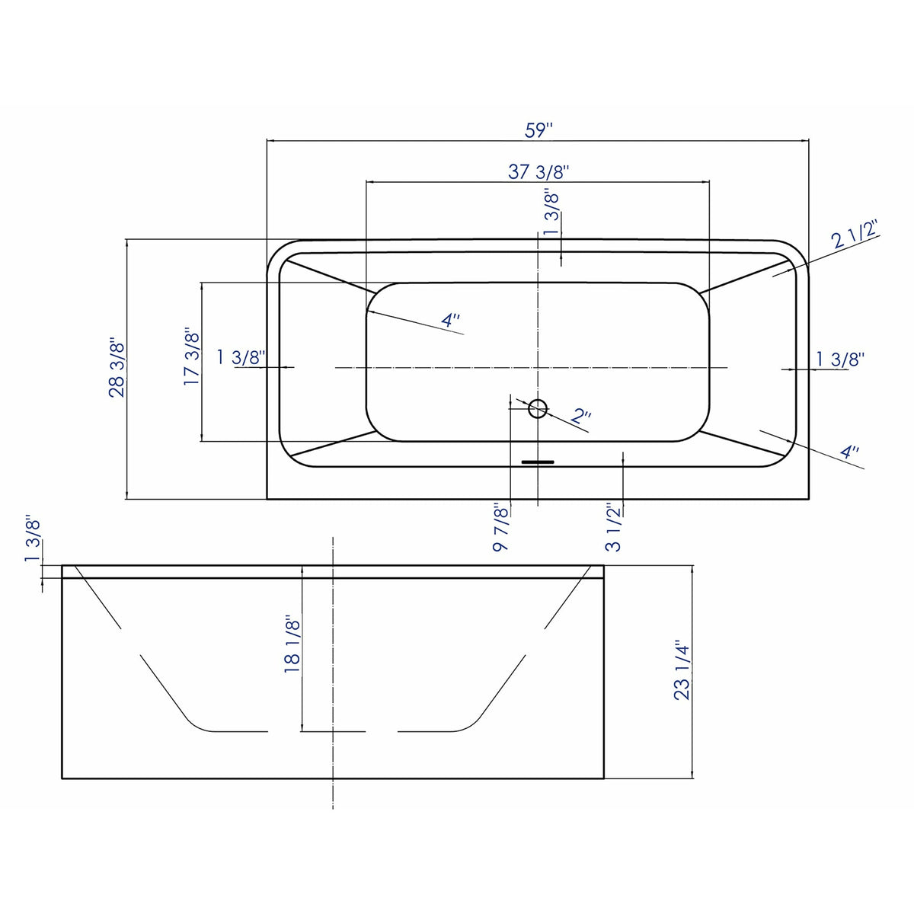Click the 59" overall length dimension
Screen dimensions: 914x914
click(x=538, y=129)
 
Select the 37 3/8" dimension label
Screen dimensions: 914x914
click(x=539, y=172)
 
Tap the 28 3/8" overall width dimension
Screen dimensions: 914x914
click(x=116, y=368)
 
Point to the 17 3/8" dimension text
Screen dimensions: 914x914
click(x=191, y=356)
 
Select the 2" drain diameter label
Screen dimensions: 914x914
click(x=581, y=416)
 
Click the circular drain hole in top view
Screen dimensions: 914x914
click(x=538, y=409)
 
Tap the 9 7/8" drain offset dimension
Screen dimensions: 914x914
click(x=500, y=526)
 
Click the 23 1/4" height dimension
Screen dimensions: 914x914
click(x=682, y=671)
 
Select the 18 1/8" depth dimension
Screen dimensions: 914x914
click(x=292, y=644)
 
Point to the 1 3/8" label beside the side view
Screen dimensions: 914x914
click(x=32, y=540)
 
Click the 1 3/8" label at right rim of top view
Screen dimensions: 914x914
click(x=840, y=358)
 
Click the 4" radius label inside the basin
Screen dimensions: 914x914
click(x=451, y=321)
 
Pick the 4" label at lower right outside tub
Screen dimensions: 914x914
click(x=849, y=452)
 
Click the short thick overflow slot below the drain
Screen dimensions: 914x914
click(x=538, y=461)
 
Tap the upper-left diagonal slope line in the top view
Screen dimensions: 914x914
click(x=332, y=276)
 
